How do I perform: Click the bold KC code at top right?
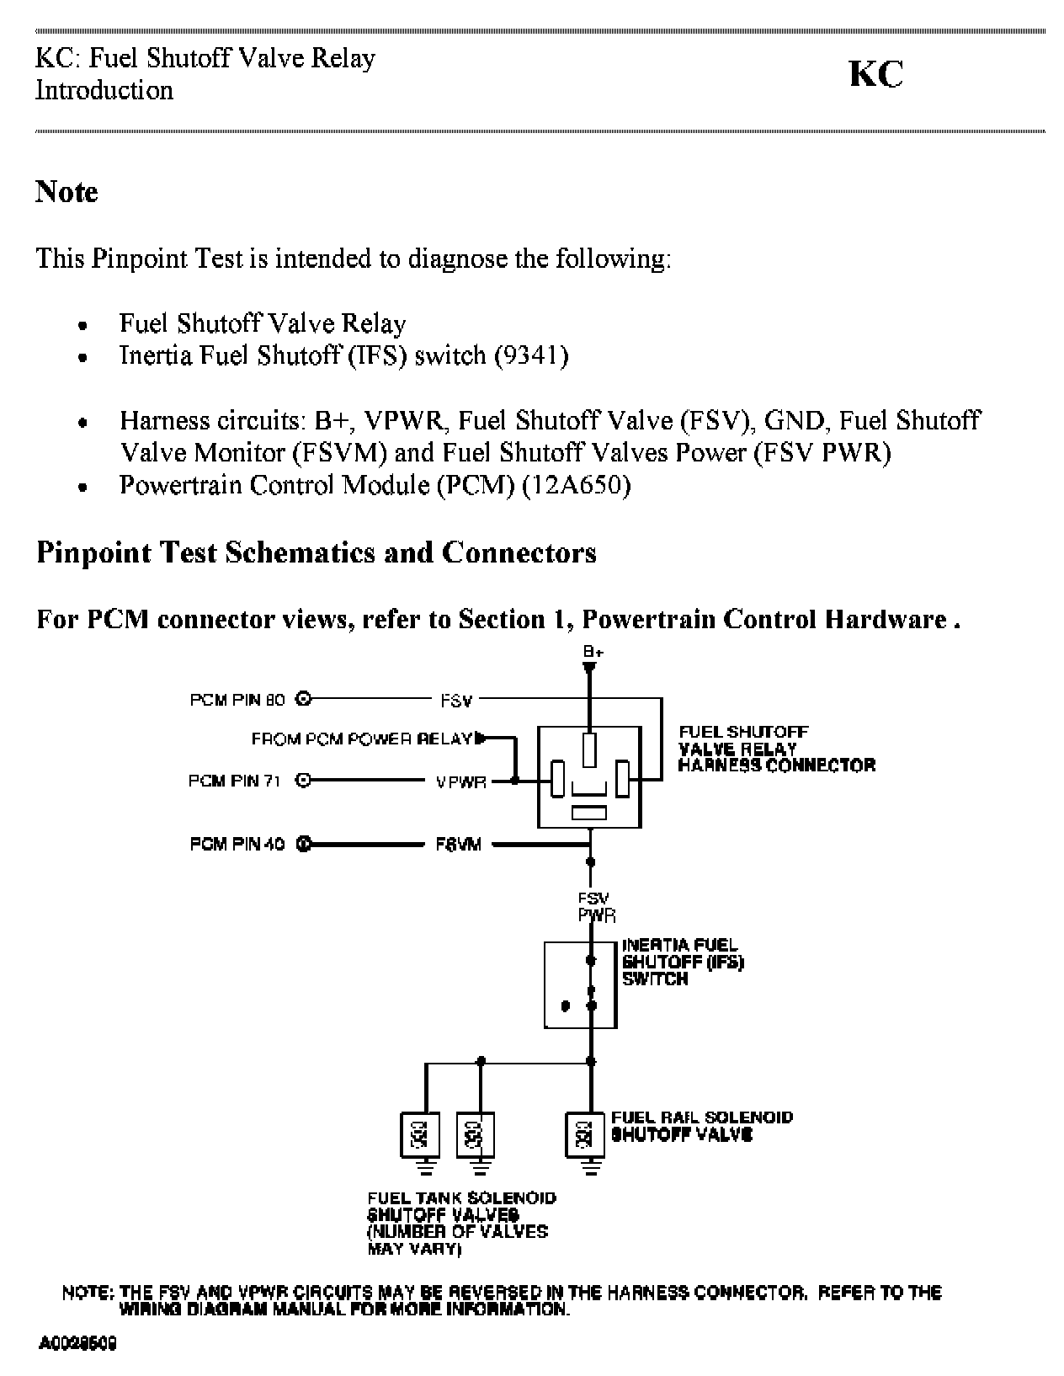[875, 75]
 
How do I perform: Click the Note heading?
[66, 192]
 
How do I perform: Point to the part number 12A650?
[576, 485]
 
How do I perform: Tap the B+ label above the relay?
[593, 652]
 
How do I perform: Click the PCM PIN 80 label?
[237, 699]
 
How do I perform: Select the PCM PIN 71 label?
[235, 781]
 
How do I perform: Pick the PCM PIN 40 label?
[237, 844]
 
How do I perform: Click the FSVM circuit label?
[458, 844]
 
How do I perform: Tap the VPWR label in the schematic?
[461, 781]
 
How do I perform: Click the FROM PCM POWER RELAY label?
[362, 739]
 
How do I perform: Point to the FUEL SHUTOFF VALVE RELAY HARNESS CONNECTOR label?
[776, 749]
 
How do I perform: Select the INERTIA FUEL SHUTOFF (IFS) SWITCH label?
[682, 962]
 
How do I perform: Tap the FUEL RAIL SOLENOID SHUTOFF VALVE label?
[701, 1126]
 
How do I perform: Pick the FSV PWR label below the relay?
[595, 907]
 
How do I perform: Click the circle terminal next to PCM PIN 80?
[304, 699]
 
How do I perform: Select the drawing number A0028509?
[77, 1342]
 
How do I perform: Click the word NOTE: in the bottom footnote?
[88, 1293]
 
